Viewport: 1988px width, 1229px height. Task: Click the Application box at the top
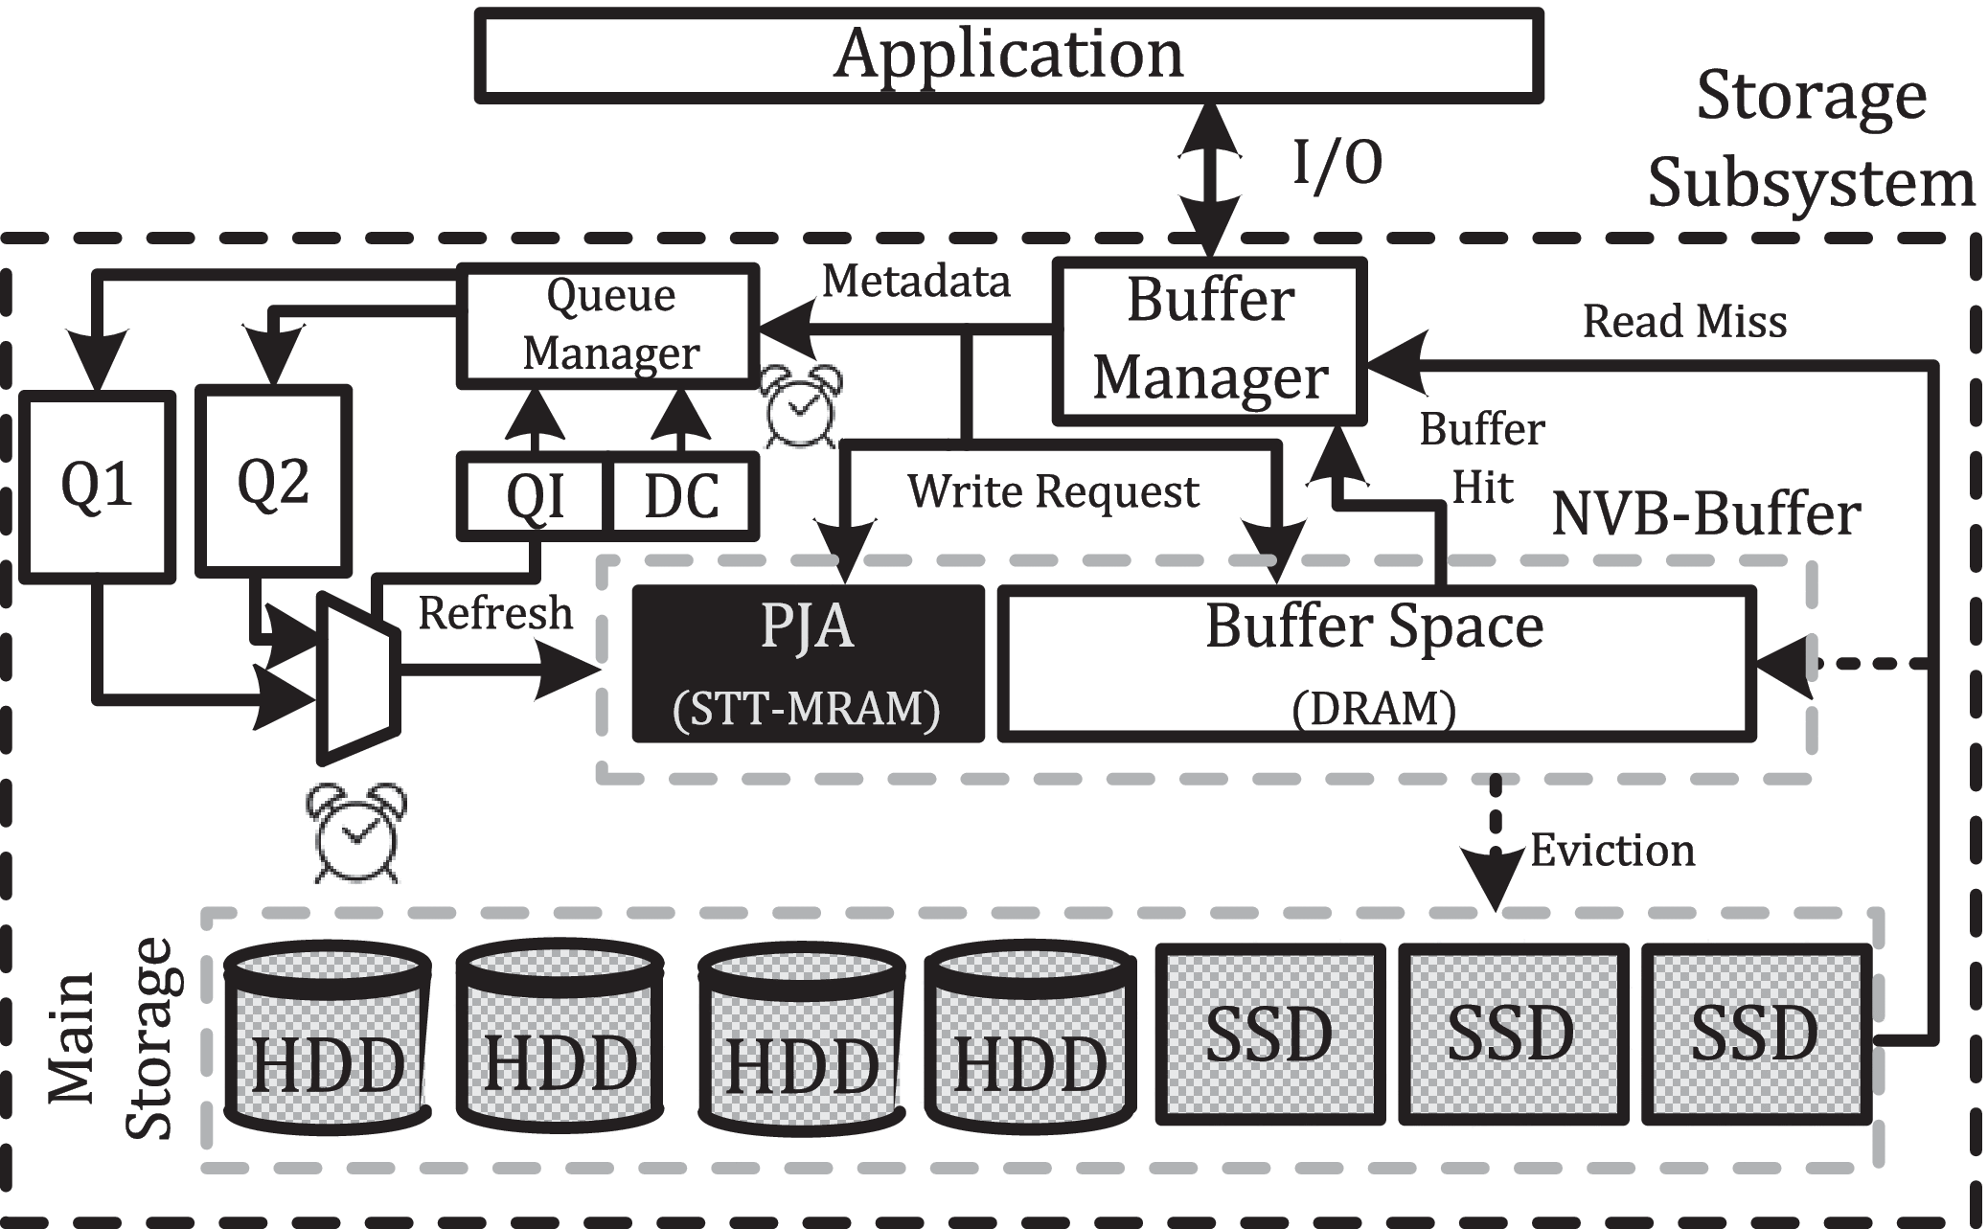[x=1009, y=55]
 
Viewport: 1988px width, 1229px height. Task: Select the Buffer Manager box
[x=1209, y=340]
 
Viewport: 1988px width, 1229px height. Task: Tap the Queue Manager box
[x=609, y=326]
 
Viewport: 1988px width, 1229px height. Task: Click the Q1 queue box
[x=97, y=485]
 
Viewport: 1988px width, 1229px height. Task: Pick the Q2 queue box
[x=273, y=481]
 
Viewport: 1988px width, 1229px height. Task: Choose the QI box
[x=534, y=496]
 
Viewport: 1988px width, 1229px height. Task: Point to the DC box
[x=681, y=496]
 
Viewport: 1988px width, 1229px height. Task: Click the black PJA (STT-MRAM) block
[x=808, y=664]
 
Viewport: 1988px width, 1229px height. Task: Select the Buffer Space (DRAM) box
[x=1376, y=664]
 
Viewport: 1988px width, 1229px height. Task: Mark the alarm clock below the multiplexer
[x=355, y=831]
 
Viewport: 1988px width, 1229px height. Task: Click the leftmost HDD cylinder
[x=327, y=1035]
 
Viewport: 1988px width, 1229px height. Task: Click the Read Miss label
[x=1684, y=321]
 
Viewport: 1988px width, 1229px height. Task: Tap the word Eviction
[x=1612, y=851]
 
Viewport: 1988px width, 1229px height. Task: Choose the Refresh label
[x=495, y=613]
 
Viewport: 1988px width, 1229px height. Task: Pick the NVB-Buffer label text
[x=1705, y=514]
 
